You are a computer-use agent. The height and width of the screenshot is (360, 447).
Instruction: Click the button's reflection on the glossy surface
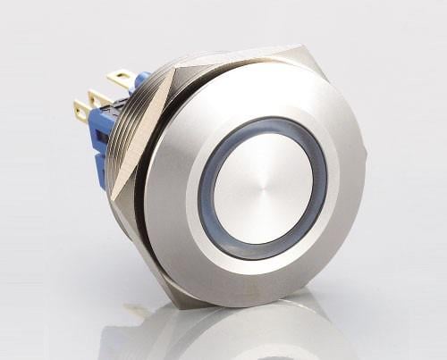pos(232,335)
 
